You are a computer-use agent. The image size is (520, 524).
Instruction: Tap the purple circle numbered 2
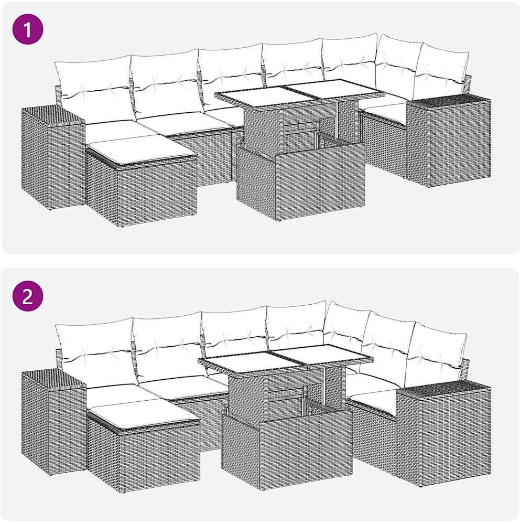(x=28, y=296)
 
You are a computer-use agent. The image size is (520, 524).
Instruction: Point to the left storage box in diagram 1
(x=52, y=156)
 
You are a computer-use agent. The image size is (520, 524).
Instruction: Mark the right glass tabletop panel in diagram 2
(x=322, y=355)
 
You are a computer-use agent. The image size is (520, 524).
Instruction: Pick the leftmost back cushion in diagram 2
(x=95, y=352)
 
